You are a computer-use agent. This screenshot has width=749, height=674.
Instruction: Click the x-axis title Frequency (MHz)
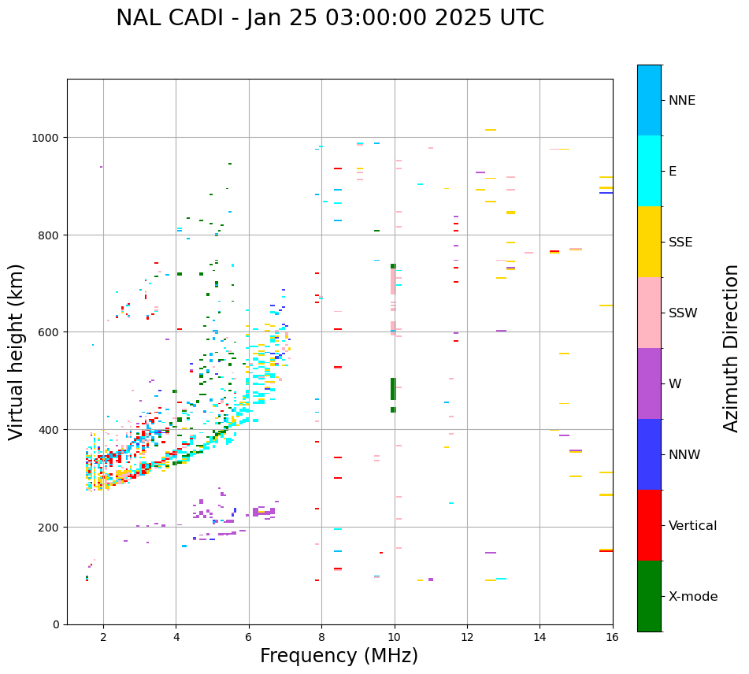[339, 656]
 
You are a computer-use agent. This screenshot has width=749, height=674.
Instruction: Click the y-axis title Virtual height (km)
[17, 351]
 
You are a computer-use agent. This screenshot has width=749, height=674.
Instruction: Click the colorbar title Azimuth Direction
[732, 348]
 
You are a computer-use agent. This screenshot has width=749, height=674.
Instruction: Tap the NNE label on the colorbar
[682, 101]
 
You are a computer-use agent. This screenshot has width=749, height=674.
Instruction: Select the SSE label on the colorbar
[680, 243]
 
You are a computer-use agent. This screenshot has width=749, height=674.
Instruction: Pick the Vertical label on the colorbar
[692, 526]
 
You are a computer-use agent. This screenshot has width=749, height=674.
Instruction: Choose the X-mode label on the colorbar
[693, 597]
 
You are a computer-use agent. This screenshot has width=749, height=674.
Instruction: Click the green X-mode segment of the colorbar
[649, 596]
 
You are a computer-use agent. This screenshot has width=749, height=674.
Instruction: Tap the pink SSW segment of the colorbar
[649, 313]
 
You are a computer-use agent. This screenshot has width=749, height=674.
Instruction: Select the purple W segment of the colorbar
[649, 383]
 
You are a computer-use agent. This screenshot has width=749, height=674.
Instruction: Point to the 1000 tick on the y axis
[48, 138]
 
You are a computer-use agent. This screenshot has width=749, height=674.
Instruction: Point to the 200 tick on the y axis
[51, 527]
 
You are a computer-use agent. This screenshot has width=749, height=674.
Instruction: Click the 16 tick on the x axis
[613, 637]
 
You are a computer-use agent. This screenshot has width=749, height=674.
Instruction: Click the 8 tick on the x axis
[321, 637]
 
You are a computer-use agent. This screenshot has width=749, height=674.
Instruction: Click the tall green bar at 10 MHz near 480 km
[393, 388]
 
